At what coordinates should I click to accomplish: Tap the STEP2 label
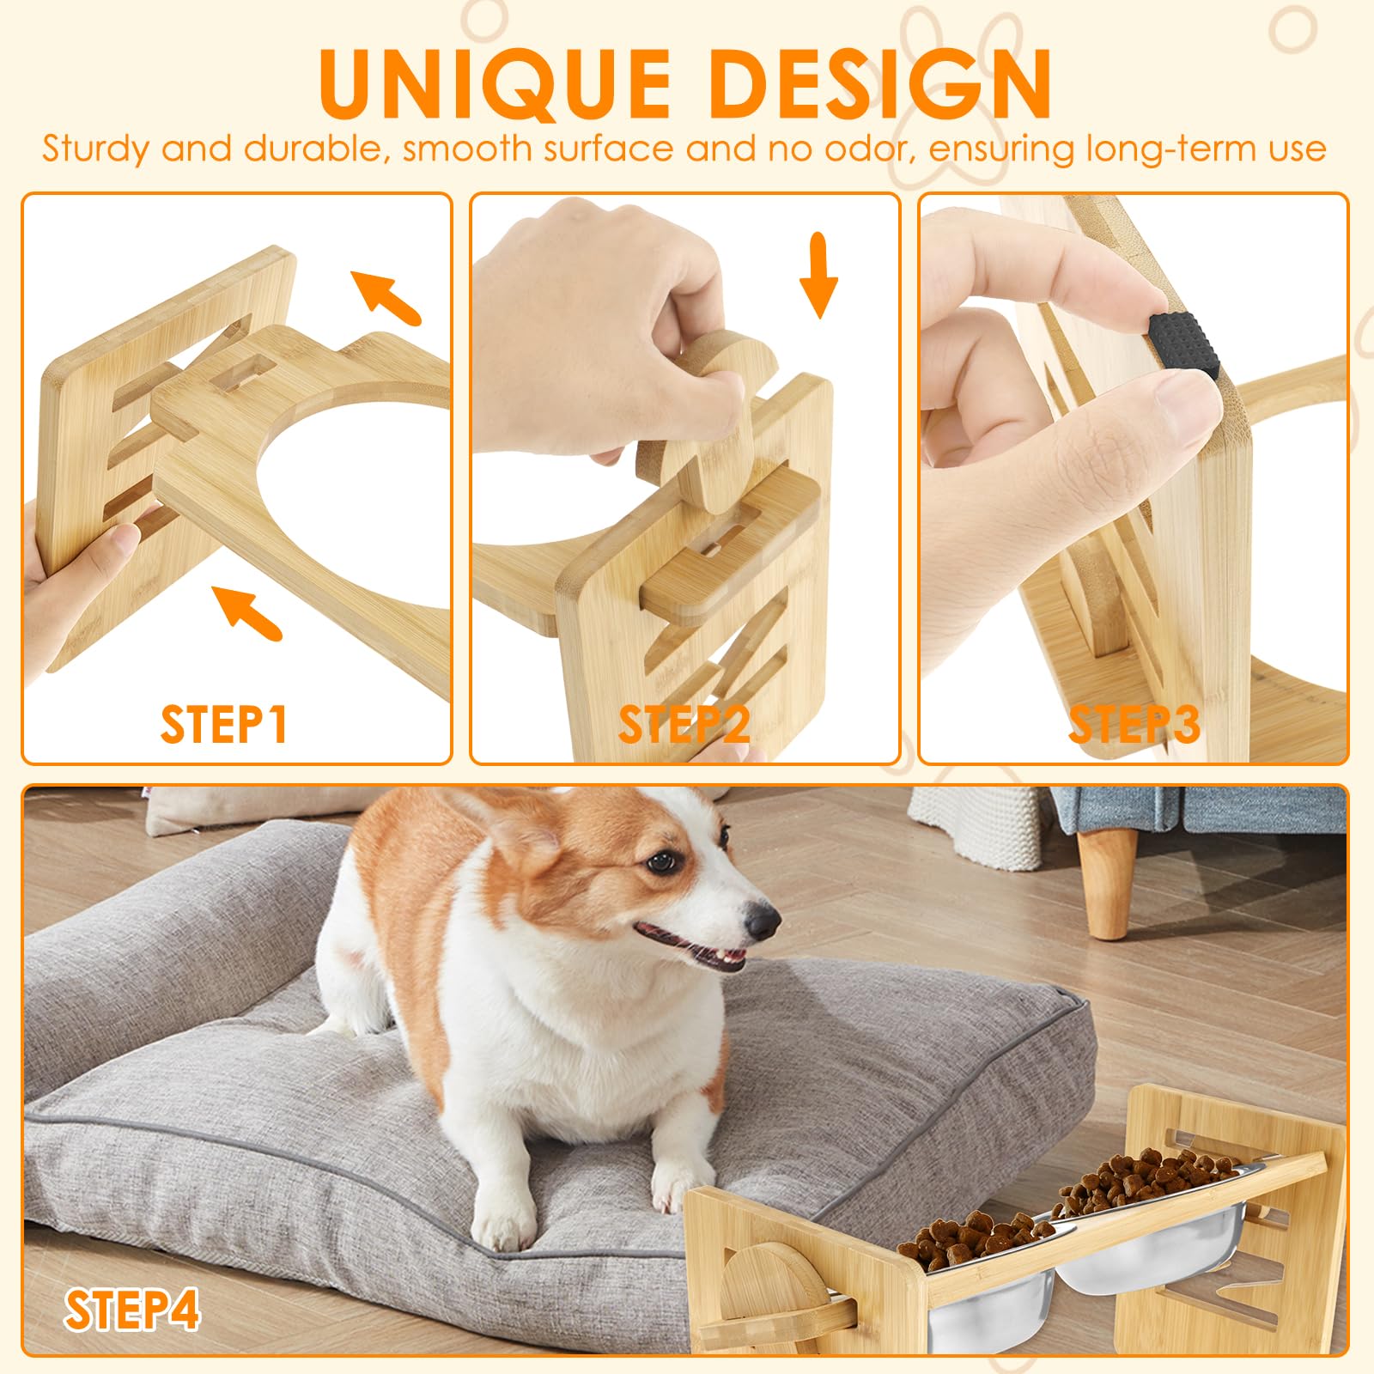pos(684,724)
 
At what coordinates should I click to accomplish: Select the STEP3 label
pos(1134,724)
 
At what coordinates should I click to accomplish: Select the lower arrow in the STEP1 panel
pos(248,611)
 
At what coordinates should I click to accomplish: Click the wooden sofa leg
pos(1108,885)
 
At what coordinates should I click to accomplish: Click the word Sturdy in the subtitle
pos(94,149)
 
